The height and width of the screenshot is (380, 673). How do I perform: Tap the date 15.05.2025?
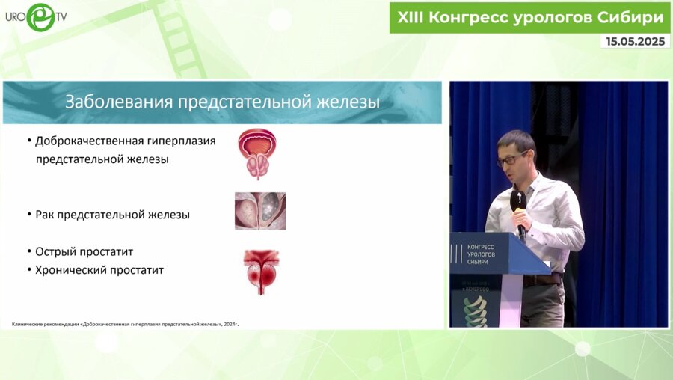click(x=635, y=42)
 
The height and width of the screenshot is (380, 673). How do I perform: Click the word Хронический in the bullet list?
click(x=74, y=269)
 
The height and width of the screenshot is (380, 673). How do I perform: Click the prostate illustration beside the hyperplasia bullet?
click(x=257, y=153)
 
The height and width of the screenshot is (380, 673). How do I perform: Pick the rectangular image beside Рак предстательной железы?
click(x=259, y=211)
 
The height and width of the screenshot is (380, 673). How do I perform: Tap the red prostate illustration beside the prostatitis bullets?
click(x=261, y=271)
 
